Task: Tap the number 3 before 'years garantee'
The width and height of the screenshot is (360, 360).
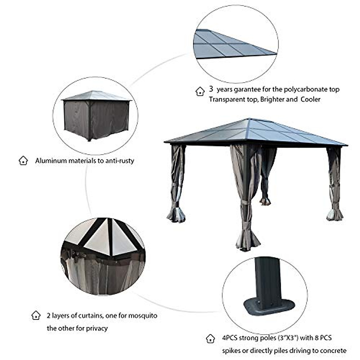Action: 211,89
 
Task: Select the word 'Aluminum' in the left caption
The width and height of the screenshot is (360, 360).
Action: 51,160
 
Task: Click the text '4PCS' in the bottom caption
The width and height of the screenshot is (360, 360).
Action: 229,338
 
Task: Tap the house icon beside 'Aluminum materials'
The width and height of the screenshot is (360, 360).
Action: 23,160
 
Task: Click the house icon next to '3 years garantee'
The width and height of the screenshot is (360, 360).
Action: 200,91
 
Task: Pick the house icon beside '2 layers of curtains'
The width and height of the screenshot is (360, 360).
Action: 36,316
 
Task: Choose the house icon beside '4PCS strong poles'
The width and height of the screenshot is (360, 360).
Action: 211,339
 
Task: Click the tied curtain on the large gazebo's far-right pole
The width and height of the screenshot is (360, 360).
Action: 334,183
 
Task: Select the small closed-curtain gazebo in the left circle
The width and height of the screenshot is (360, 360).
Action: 96,115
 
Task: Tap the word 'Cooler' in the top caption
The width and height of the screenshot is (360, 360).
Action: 310,99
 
